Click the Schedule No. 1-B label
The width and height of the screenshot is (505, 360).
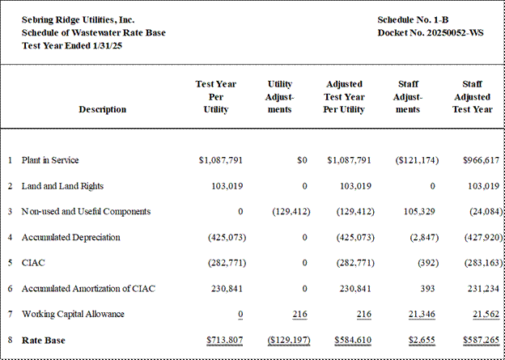click(413, 20)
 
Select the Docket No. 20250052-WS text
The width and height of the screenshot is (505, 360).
click(431, 33)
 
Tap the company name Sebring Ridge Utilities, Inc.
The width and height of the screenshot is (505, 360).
click(78, 20)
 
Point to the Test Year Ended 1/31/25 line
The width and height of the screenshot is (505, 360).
click(72, 46)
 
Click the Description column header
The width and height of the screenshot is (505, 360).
click(103, 109)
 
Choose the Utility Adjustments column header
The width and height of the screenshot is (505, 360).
click(279, 96)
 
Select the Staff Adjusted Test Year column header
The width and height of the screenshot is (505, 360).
click(472, 96)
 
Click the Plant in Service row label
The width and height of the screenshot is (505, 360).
click(50, 160)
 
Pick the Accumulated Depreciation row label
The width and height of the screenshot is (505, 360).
click(71, 237)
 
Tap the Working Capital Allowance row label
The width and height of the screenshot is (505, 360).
click(73, 314)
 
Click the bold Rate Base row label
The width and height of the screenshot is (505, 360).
click(43, 340)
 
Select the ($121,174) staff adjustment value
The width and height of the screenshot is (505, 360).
click(417, 160)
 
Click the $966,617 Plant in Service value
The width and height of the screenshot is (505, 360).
click(482, 160)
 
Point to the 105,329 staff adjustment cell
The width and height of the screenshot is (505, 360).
click(419, 212)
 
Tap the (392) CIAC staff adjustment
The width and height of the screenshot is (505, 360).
click(428, 263)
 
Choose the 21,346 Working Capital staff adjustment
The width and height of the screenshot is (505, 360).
click(422, 314)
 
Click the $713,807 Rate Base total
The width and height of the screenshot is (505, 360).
click(225, 340)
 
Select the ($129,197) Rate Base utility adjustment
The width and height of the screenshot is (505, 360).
click(289, 340)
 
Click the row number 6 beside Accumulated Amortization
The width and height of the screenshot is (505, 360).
click(11, 289)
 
